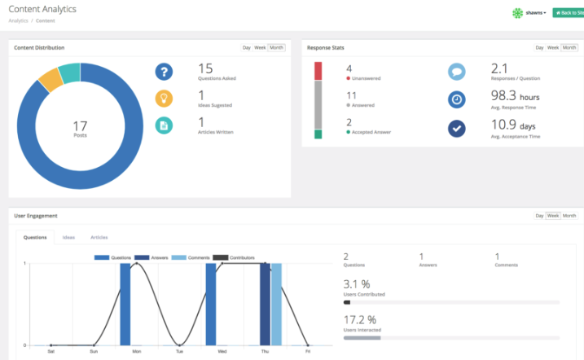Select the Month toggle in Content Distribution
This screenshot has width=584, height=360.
(x=277, y=48)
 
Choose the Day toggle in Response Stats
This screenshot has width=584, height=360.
(x=539, y=48)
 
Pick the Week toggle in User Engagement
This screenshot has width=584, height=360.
(x=552, y=216)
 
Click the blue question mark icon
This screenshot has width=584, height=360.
(x=165, y=72)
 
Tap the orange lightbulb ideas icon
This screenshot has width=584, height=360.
(x=165, y=99)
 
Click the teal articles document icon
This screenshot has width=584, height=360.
(x=165, y=125)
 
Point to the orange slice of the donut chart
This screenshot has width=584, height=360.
(x=50, y=79)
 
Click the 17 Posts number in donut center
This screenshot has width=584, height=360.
(x=80, y=127)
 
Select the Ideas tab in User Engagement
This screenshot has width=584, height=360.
(x=69, y=237)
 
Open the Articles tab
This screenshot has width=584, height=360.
(x=99, y=237)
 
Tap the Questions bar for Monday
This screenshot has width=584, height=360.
(x=125, y=304)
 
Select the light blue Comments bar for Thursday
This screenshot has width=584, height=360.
(x=276, y=304)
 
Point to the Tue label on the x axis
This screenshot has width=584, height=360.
(x=179, y=352)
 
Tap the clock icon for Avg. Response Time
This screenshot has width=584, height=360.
(x=457, y=99)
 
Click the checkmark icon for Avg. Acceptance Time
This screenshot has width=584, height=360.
(x=457, y=129)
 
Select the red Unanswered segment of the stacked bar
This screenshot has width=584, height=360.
(x=318, y=71)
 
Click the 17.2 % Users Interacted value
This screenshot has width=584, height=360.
(x=359, y=319)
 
